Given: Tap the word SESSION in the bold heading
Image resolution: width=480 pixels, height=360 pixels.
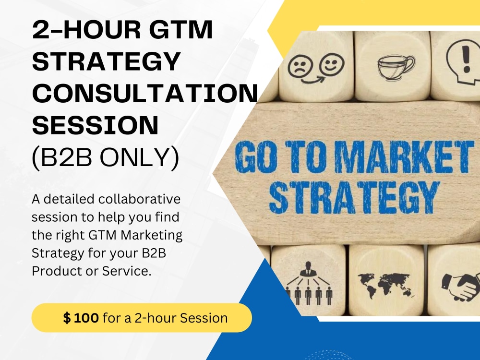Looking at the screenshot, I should (95, 125).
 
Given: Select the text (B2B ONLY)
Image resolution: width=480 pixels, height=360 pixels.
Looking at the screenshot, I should (105, 157).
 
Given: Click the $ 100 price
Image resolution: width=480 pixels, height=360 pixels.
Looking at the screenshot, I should (81, 317).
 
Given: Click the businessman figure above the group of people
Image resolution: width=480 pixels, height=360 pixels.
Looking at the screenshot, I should (306, 271).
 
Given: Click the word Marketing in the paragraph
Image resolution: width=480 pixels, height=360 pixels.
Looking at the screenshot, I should (157, 235).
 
